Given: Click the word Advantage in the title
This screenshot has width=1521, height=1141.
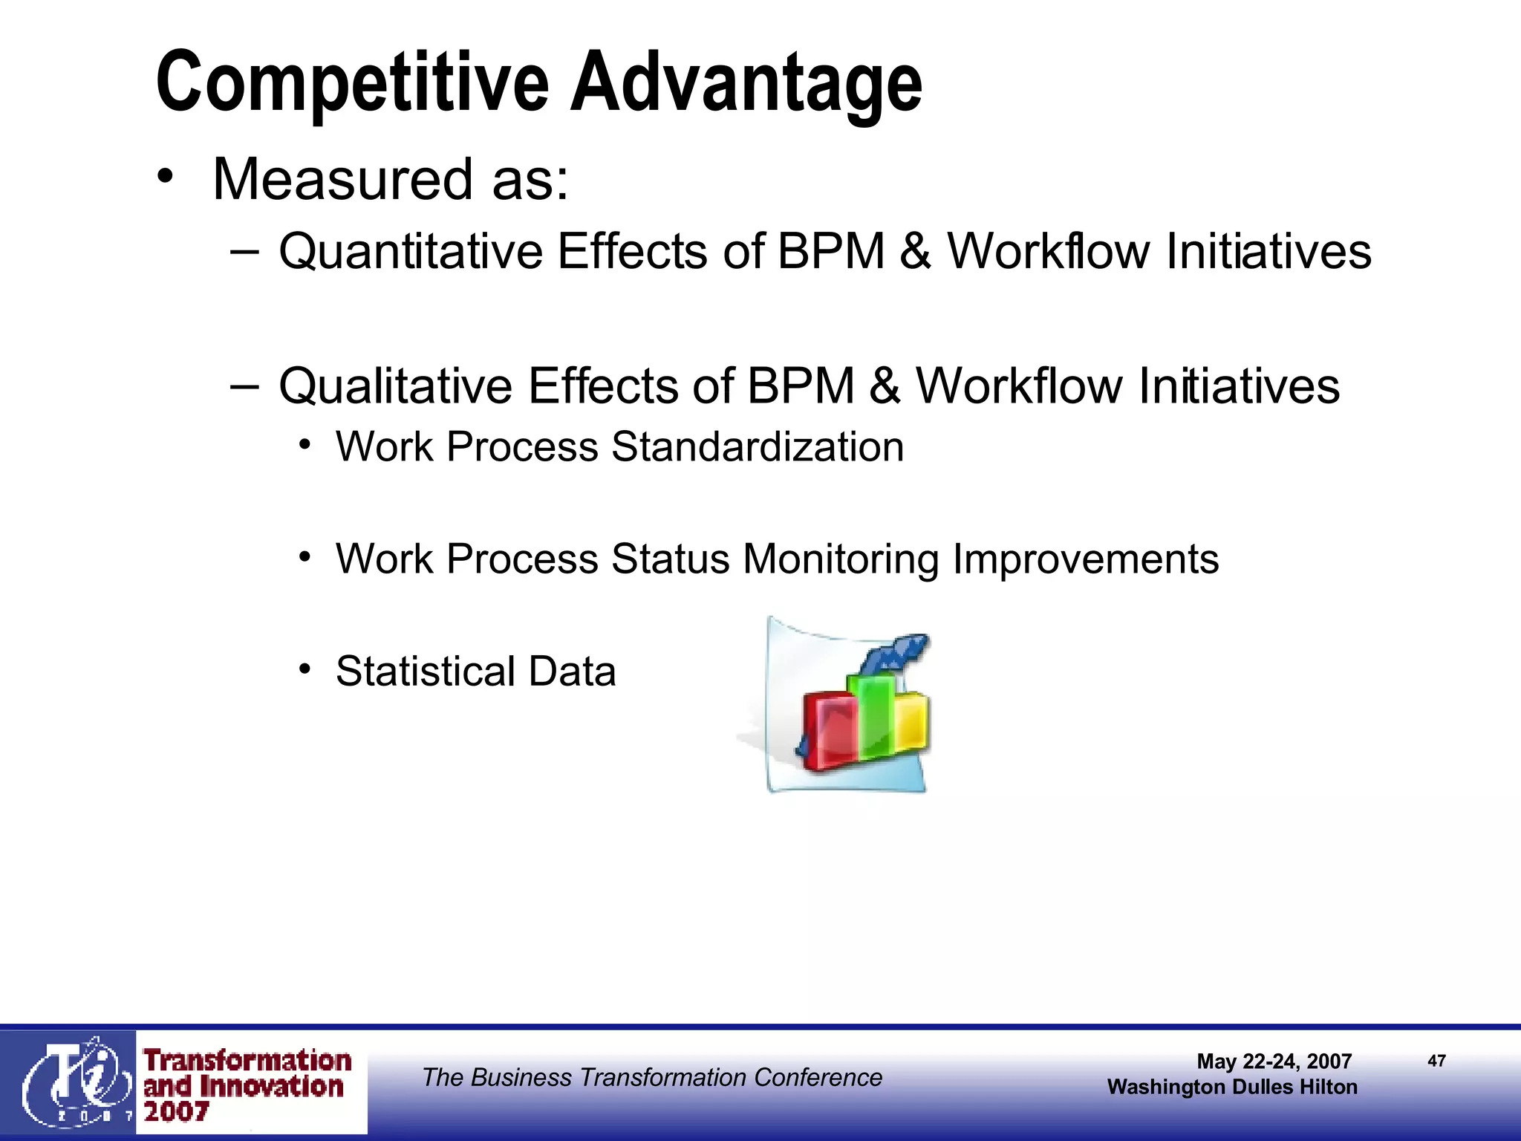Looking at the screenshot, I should pyautogui.click(x=746, y=83).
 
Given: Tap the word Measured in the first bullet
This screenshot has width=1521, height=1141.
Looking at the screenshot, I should pyautogui.click(x=342, y=181).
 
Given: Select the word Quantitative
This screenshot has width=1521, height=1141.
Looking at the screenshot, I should pyautogui.click(x=411, y=252).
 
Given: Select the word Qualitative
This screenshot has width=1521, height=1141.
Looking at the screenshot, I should pyautogui.click(x=395, y=387).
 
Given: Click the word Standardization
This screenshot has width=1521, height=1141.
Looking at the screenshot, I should pyautogui.click(x=758, y=448).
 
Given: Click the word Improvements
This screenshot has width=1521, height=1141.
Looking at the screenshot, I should pyautogui.click(x=1085, y=559).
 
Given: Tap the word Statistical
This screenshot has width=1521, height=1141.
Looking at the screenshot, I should pyautogui.click(x=426, y=672).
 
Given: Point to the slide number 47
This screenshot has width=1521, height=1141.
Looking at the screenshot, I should pyautogui.click(x=1436, y=1061).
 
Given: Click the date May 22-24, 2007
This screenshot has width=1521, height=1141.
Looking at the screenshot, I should pyautogui.click(x=1274, y=1062).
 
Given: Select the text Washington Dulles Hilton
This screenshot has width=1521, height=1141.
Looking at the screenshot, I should pyautogui.click(x=1232, y=1088).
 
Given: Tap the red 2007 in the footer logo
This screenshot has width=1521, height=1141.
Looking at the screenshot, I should pyautogui.click(x=176, y=1112).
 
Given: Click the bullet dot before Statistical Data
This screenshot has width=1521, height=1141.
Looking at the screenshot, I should pyautogui.click(x=304, y=669).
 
